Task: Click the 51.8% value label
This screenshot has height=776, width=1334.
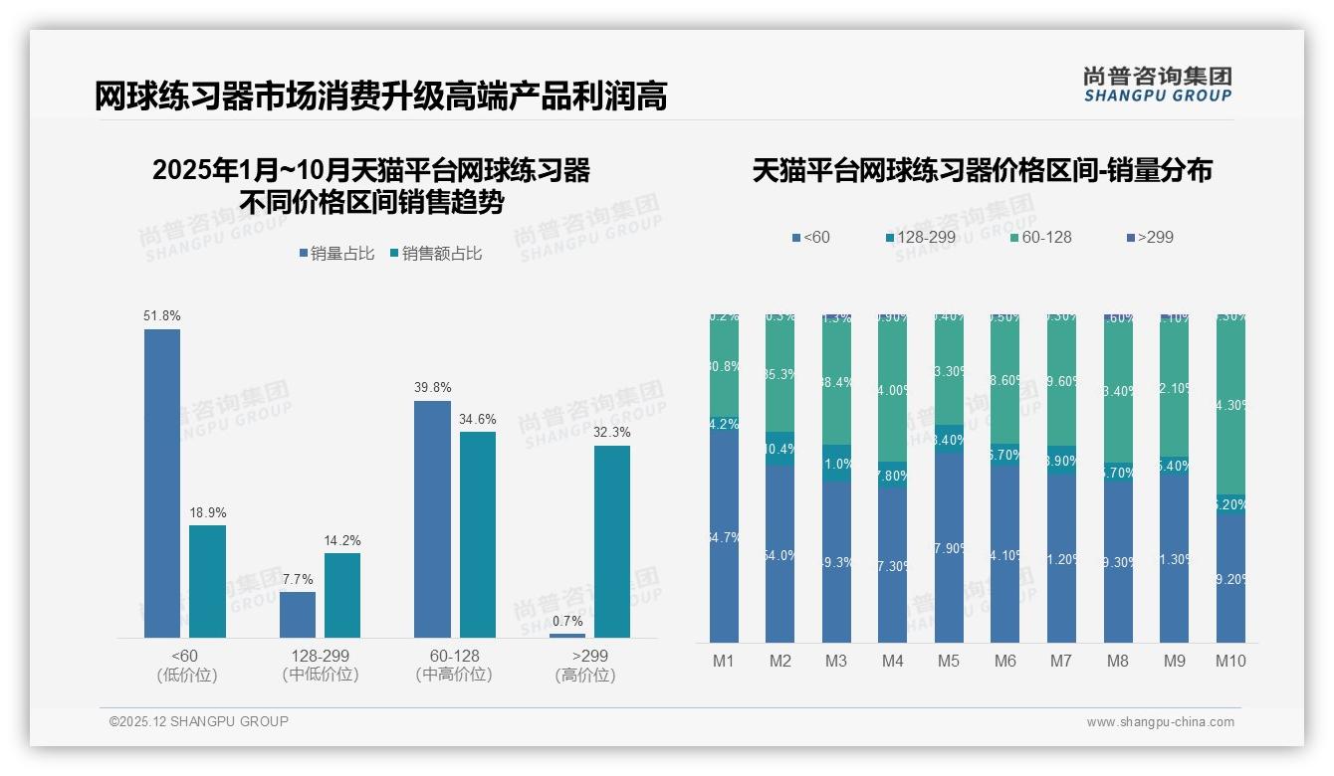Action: pyautogui.click(x=162, y=315)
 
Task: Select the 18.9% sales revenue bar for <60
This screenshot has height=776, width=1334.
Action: pyautogui.click(x=207, y=581)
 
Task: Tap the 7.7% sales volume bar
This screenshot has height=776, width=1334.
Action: pyautogui.click(x=298, y=615)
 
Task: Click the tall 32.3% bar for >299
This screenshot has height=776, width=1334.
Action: pyautogui.click(x=611, y=541)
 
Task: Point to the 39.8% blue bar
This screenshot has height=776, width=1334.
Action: pyautogui.click(x=432, y=518)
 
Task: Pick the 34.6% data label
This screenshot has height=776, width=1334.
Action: pyautogui.click(x=477, y=419)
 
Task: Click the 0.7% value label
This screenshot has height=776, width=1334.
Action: pyautogui.click(x=566, y=621)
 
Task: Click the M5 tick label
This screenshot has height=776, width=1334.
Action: pyautogui.click(x=948, y=661)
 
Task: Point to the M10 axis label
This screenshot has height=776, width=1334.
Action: pyautogui.click(x=1230, y=661)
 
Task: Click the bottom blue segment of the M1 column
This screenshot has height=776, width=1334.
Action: pyautogui.click(x=724, y=537)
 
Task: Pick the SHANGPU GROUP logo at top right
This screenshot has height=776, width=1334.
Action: pyautogui.click(x=1157, y=85)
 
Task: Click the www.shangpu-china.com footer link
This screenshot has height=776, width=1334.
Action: pyautogui.click(x=1160, y=722)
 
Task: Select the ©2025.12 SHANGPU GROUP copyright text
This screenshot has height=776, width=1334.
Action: pyautogui.click(x=198, y=721)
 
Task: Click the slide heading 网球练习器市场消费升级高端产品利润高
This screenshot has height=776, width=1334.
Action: pyautogui.click(x=380, y=97)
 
